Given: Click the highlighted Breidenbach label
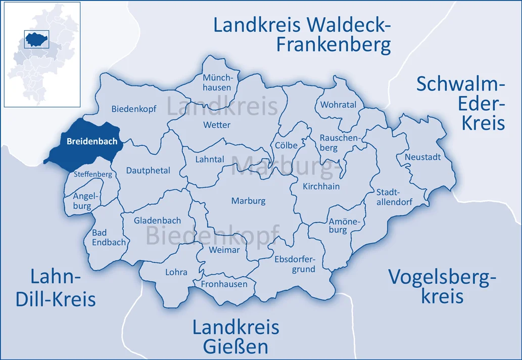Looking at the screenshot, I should (x=92, y=142).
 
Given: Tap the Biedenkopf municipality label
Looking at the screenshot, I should (x=134, y=109).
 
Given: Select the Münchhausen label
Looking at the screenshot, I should (x=217, y=82).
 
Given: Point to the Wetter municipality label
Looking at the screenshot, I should (x=216, y=125).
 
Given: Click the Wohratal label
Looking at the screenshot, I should (x=338, y=105).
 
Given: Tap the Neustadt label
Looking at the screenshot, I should (x=422, y=157).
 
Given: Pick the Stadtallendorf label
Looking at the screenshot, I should (x=394, y=197).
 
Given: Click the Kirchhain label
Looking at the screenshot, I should (x=321, y=186).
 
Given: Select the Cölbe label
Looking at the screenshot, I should (x=286, y=145).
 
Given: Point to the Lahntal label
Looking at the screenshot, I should (x=209, y=159).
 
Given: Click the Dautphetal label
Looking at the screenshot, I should (x=148, y=170).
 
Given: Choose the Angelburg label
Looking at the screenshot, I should (x=82, y=201).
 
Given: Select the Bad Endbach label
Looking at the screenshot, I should (x=109, y=237).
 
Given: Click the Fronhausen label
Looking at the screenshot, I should (x=224, y=284).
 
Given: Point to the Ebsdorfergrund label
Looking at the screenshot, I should (x=295, y=264).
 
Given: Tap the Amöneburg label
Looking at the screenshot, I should (x=338, y=226).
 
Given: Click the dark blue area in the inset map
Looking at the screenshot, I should (x=36, y=38).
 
